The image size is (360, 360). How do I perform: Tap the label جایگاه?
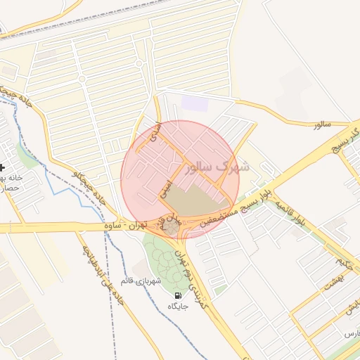tap(177, 307)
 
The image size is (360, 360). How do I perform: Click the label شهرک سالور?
tap(217, 168)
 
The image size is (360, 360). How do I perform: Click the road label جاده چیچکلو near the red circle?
tap(89, 187)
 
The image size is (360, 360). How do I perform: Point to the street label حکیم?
tap(344, 264)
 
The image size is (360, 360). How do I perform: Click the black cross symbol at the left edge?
tap(4, 167)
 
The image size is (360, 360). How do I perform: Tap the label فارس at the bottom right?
tap(349, 331)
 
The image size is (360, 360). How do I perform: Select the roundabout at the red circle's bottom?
tap(172, 229)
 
